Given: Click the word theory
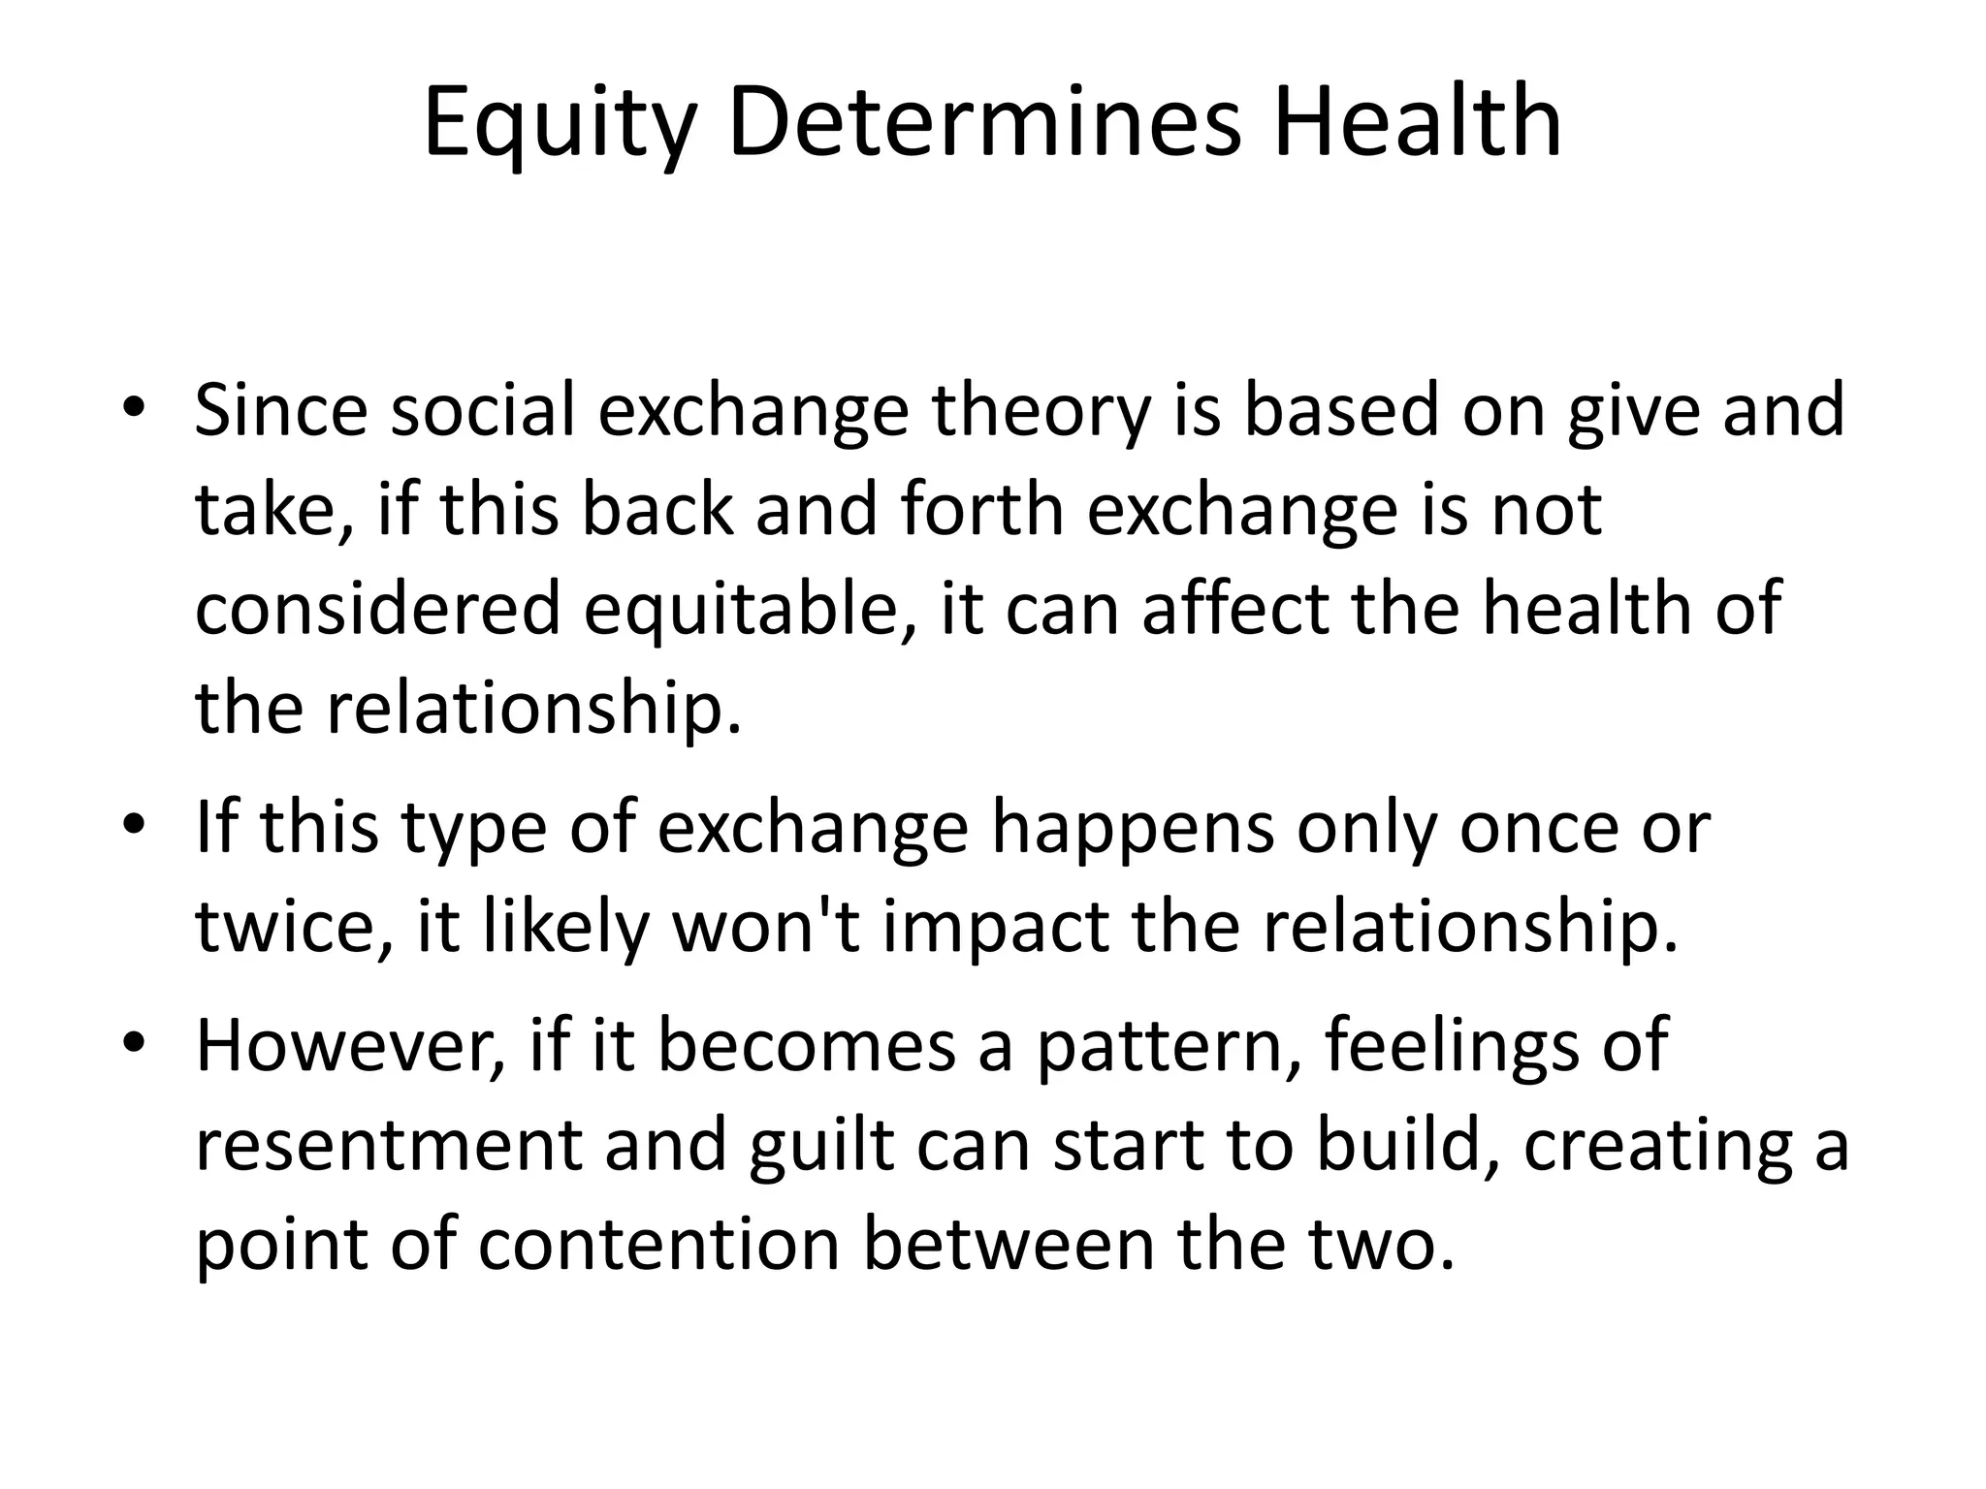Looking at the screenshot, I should tap(1041, 412).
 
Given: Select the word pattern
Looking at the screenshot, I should tap(1169, 1049).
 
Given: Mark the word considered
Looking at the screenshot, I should tap(379, 608).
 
